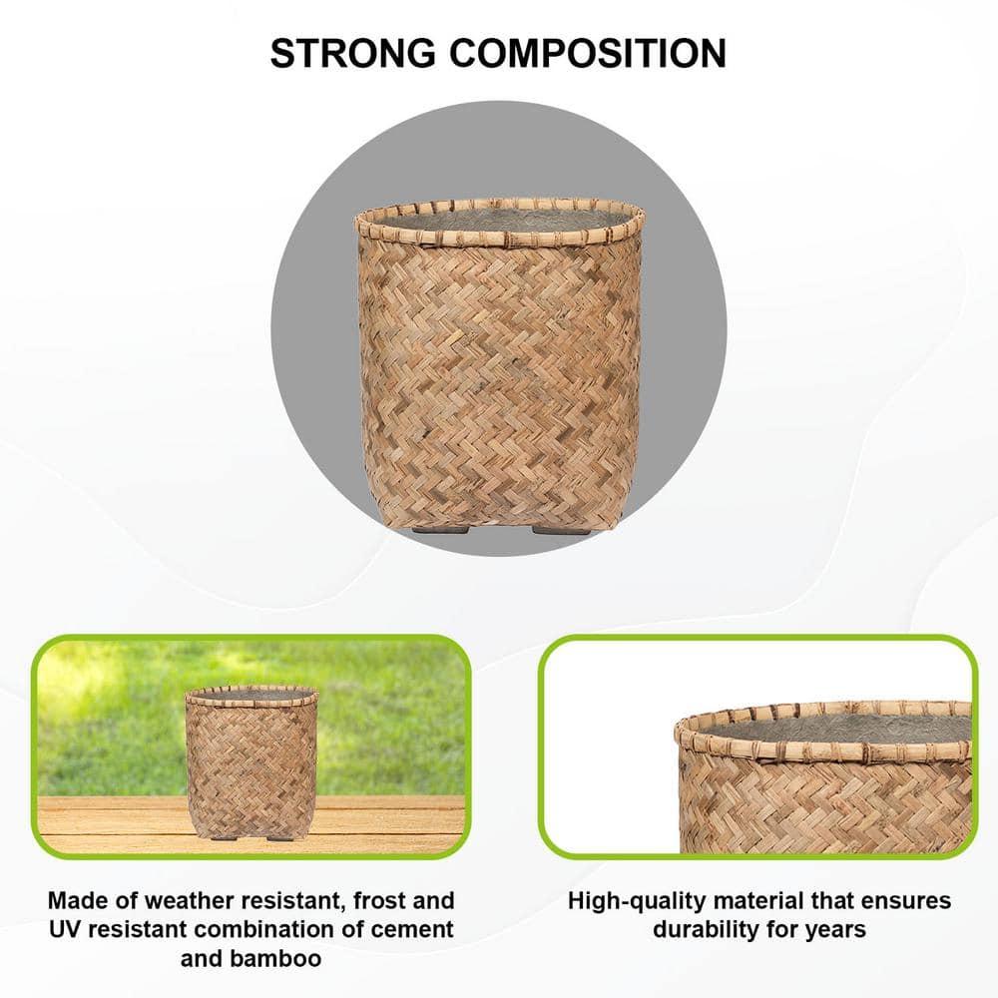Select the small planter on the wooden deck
click(251, 761)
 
